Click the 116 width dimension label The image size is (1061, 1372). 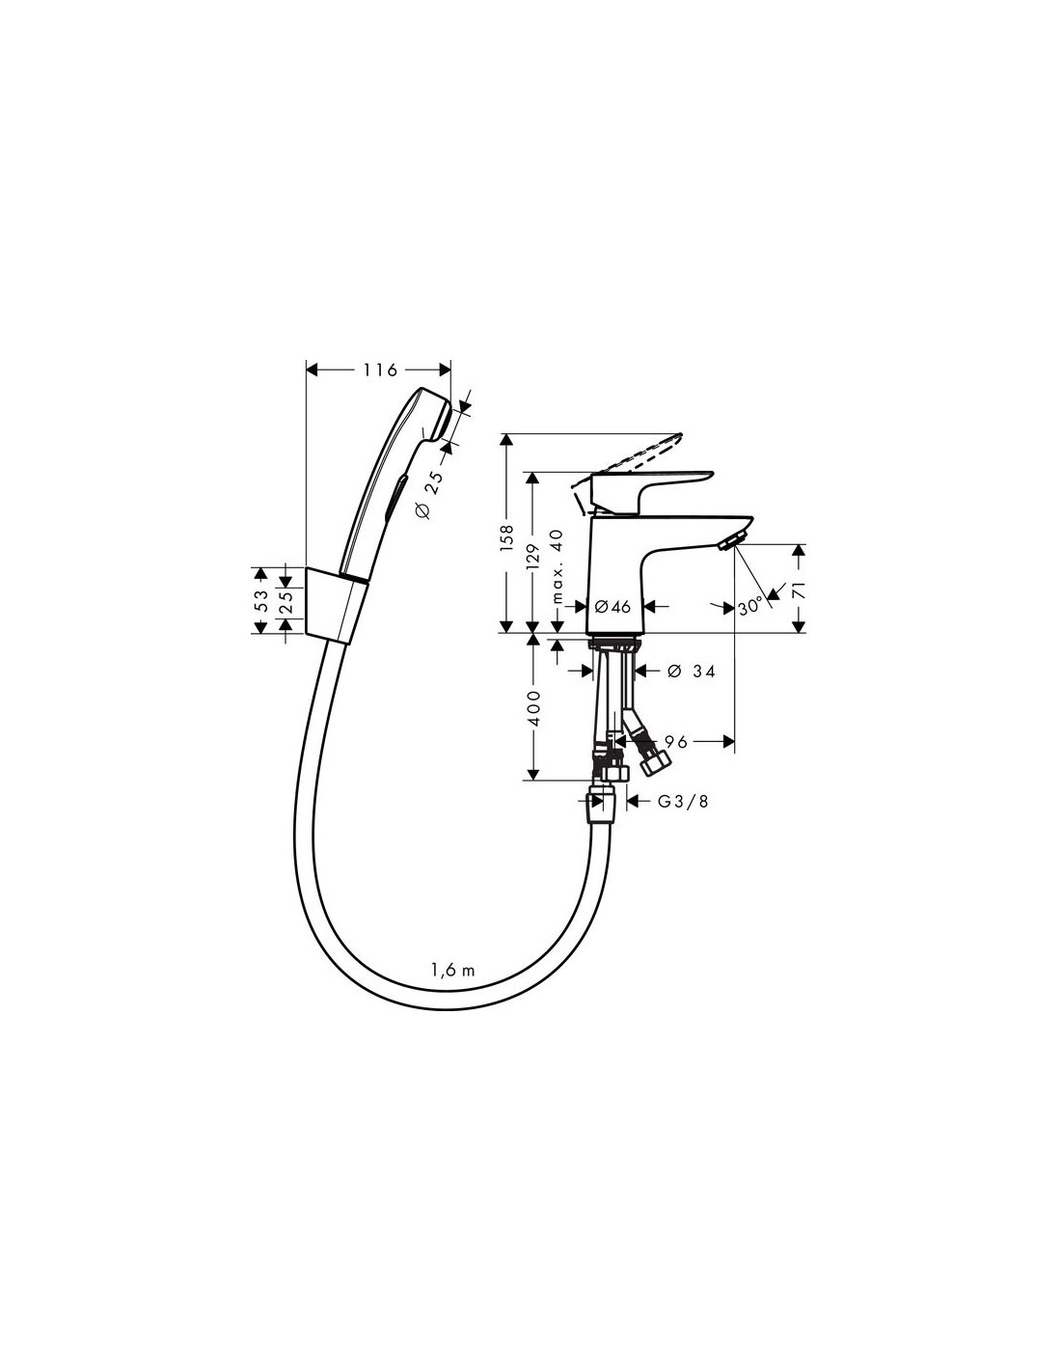pyautogui.click(x=380, y=370)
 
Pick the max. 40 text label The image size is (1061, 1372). pyautogui.click(x=557, y=566)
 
